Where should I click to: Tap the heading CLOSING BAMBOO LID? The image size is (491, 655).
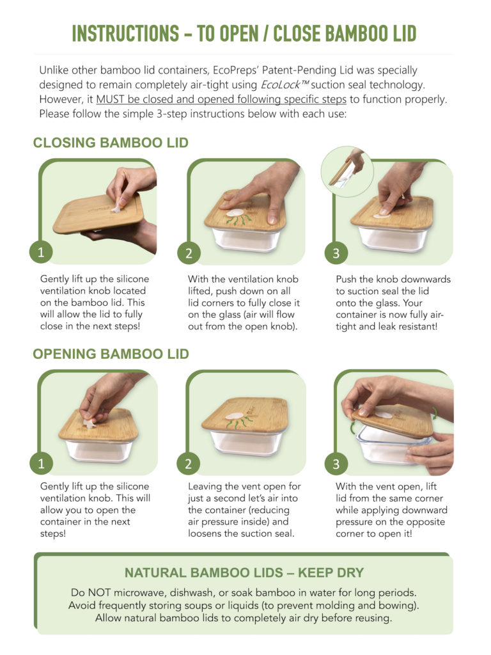click(111, 143)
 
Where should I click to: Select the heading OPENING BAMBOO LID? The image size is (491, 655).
click(111, 354)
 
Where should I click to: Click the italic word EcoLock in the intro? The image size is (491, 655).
click(281, 85)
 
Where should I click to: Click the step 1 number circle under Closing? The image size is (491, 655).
click(41, 252)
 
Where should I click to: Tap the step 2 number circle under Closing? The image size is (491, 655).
click(189, 253)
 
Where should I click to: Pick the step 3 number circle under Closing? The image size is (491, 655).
click(336, 253)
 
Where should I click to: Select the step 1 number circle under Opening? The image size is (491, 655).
click(41, 464)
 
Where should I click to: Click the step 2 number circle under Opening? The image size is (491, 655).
click(189, 464)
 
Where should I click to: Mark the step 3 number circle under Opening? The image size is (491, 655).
click(336, 464)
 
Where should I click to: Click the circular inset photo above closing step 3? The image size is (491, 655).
click(347, 171)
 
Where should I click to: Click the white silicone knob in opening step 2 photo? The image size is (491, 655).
click(234, 416)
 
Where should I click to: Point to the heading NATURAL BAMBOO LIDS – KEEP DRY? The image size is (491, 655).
click(244, 572)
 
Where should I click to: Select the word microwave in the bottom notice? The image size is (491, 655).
click(139, 593)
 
